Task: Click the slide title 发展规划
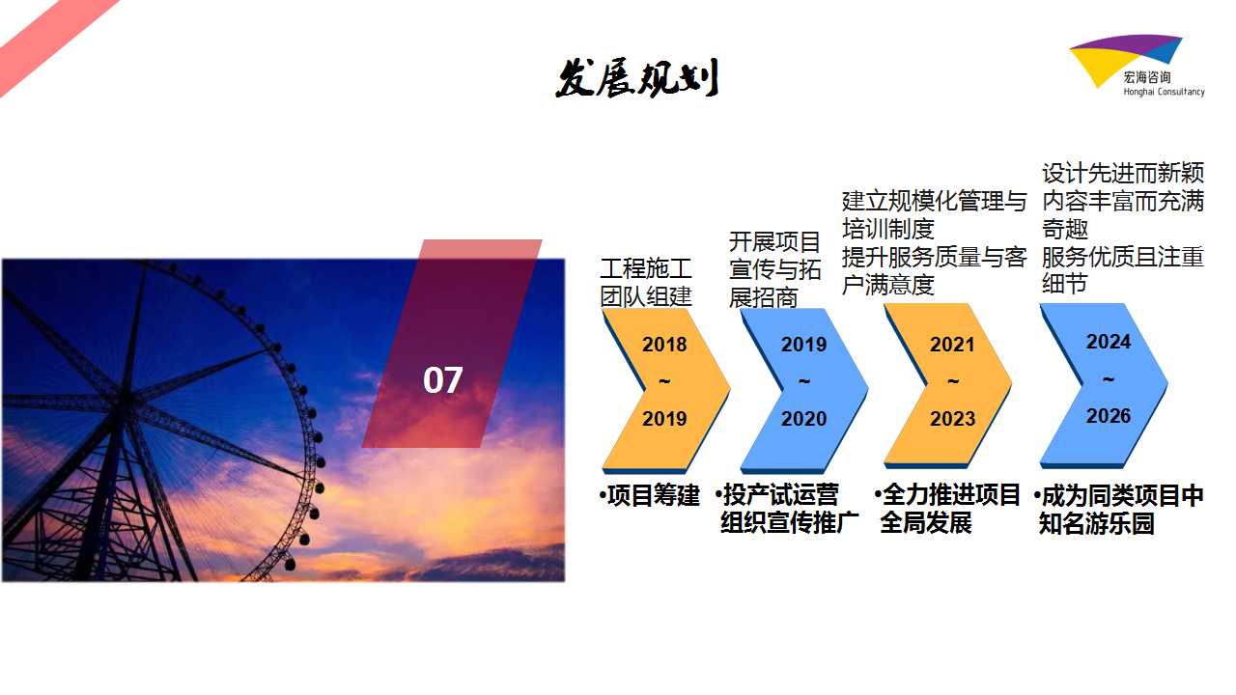pos(636,78)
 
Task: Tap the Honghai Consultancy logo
pos(1137,66)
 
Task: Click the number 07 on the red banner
pos(442,380)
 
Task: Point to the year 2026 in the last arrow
pos(1108,415)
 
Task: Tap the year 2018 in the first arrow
pos(664,345)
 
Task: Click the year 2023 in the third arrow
pos(952,419)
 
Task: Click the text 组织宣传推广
pos(790,522)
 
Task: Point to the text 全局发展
pos(926,522)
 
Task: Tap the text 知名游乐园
pos(1096,523)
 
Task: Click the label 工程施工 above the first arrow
pos(646,268)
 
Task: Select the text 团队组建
pos(646,296)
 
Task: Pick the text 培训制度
pos(887,229)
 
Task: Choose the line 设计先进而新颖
pos(1123,173)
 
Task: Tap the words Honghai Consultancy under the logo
pos(1165,92)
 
